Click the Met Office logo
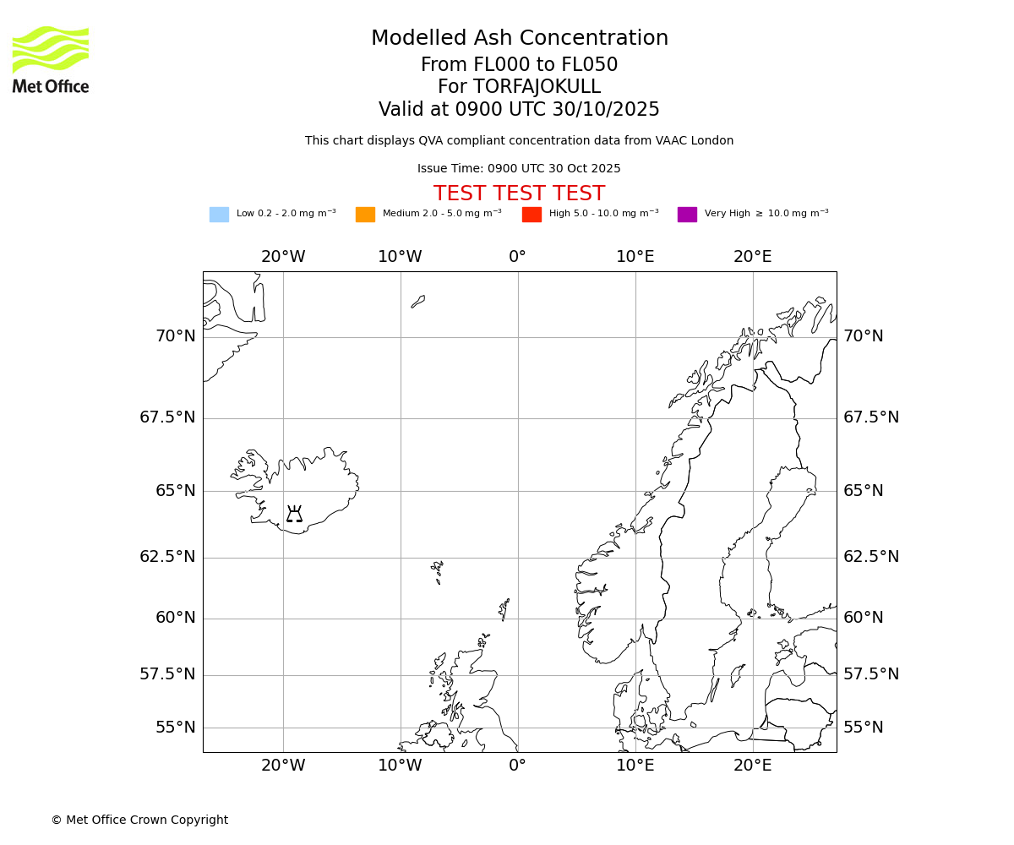click(x=51, y=59)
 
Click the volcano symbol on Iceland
click(x=294, y=514)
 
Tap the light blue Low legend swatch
click(x=219, y=215)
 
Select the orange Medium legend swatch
click(x=365, y=215)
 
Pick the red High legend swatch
click(x=532, y=215)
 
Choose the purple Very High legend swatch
click(x=687, y=215)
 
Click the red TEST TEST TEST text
click(x=519, y=194)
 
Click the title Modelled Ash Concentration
click(x=519, y=38)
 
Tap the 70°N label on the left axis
click(x=175, y=336)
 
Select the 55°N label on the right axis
click(x=863, y=728)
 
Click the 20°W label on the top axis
click(x=282, y=257)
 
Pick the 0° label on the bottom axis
click(x=517, y=766)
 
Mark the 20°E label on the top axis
click(x=752, y=257)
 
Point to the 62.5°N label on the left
click(x=167, y=557)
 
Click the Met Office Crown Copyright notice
click(x=139, y=820)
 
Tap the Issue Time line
click(x=519, y=168)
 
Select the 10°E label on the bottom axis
click(x=635, y=766)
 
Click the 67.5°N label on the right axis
click(x=871, y=417)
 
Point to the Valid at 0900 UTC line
click(x=519, y=110)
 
